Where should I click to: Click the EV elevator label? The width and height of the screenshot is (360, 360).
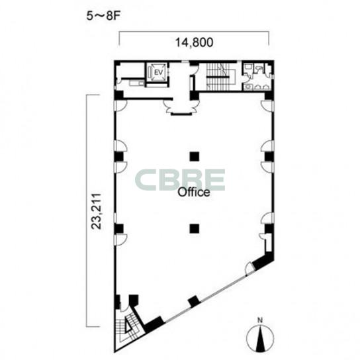(x=158, y=73)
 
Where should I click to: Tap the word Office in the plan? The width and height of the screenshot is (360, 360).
(x=194, y=193)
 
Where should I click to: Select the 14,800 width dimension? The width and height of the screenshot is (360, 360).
(x=195, y=42)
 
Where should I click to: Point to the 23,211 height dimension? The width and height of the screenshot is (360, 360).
(x=96, y=211)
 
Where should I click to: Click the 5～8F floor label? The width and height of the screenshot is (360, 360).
(x=103, y=17)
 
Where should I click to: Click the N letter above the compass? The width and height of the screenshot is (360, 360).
(x=260, y=320)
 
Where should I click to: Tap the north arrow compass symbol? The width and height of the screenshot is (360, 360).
(x=260, y=338)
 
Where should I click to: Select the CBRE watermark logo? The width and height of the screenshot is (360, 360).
(x=180, y=179)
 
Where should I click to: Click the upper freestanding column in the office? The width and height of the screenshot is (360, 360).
(x=195, y=157)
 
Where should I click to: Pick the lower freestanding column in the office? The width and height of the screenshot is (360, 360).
(x=195, y=228)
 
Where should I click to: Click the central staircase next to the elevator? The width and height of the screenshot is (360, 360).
(x=218, y=77)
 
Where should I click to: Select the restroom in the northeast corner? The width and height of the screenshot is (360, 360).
(x=257, y=76)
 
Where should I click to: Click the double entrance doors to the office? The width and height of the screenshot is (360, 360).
(x=181, y=108)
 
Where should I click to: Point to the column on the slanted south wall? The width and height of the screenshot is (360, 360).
(x=193, y=301)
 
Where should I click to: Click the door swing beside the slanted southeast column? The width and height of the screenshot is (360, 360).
(x=249, y=269)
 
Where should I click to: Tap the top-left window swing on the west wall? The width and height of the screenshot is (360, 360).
(x=120, y=106)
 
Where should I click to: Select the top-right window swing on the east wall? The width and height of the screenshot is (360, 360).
(x=267, y=105)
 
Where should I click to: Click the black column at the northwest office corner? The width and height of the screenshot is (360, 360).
(x=119, y=95)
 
